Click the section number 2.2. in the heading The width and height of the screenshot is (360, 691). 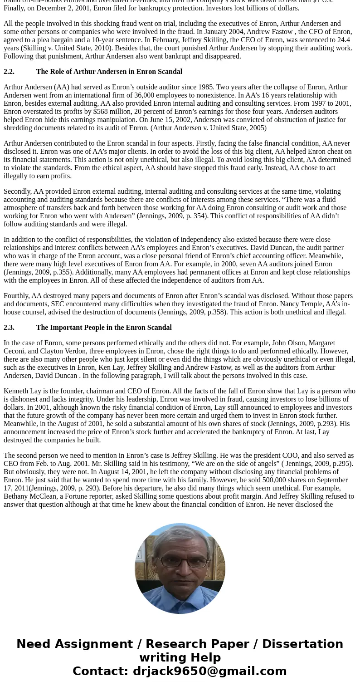click(x=9, y=72)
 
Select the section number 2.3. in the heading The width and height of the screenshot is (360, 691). click(x=9, y=328)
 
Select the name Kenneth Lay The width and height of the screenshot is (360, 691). click(x=22, y=391)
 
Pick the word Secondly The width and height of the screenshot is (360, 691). click(x=17, y=191)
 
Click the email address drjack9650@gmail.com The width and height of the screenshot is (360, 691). click(x=209, y=671)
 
